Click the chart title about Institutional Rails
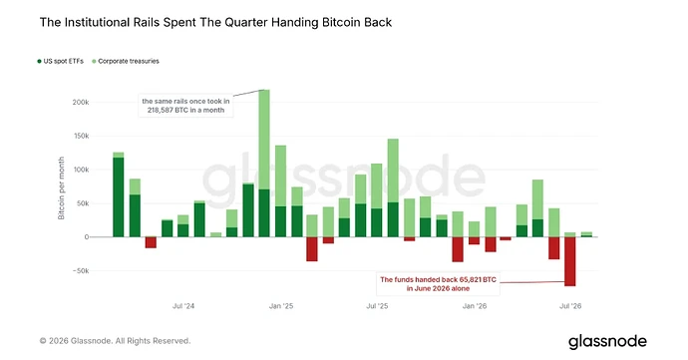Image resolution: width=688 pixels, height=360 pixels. coord(215,22)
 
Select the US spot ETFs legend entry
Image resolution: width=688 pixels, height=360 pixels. coord(60,61)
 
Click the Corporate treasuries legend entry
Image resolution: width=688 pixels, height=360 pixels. coord(126,61)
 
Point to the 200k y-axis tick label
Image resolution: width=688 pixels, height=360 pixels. coord(81,102)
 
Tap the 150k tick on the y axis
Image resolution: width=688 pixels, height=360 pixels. coord(81,136)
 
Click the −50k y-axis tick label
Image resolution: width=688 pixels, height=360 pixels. coord(81,271)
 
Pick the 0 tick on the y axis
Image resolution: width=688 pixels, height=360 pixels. coord(87,237)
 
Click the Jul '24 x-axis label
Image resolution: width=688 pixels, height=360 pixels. coord(183,306)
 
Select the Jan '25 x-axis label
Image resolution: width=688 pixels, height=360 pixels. coord(281,306)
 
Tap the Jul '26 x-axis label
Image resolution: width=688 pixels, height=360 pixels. coord(570,306)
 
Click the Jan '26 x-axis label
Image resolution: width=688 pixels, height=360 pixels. coord(475,306)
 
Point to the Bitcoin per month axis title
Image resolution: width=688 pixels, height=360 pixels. coord(62,187)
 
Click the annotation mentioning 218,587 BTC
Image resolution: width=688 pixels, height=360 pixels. coord(185,106)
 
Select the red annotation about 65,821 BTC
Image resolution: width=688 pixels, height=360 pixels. coord(438,284)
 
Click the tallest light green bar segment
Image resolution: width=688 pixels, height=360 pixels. coord(264,140)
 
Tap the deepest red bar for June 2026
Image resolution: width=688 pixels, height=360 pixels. coord(570,261)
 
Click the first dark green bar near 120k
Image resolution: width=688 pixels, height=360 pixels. coord(119,197)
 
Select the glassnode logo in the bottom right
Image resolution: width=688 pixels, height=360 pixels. coord(607,342)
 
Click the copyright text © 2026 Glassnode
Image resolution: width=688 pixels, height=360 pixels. coord(116,341)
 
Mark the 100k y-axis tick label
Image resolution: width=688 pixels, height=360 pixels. coord(81,170)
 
